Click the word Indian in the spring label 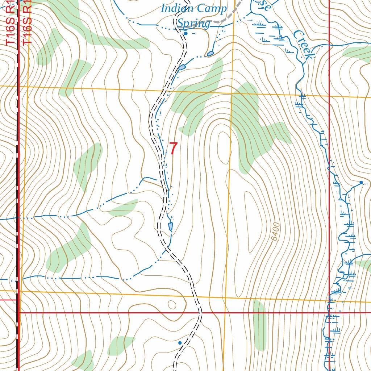click(x=177, y=8)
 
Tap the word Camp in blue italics click(x=211, y=8)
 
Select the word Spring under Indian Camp click(x=193, y=24)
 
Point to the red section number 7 click(x=174, y=149)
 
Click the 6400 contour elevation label click(x=275, y=232)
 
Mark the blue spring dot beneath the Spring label click(x=185, y=33)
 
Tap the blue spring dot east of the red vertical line click(x=361, y=182)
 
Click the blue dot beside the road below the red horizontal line click(x=180, y=342)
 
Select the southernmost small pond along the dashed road click(x=170, y=226)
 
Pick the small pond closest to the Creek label click(x=210, y=54)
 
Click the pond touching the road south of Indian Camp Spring click(x=182, y=67)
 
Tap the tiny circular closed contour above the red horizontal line click(x=171, y=304)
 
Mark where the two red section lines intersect click(x=329, y=312)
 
